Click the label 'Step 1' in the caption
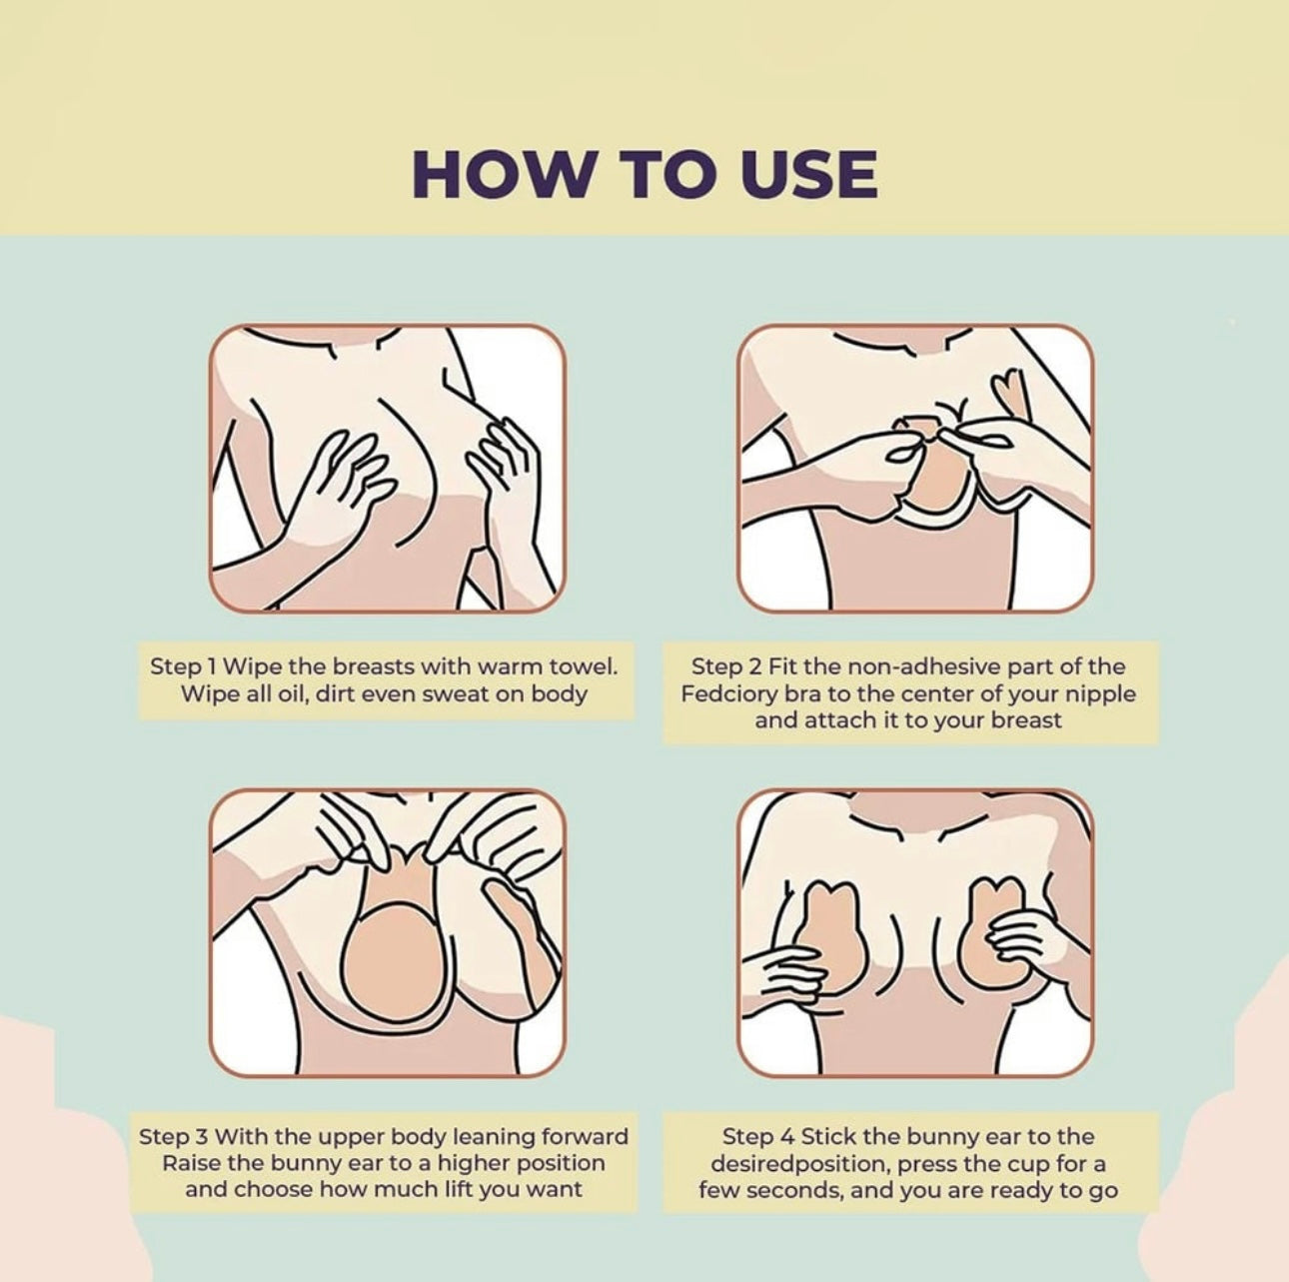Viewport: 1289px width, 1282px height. pyautogui.click(x=185, y=666)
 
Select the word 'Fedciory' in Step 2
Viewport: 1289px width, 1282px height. pyautogui.click(x=727, y=693)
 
